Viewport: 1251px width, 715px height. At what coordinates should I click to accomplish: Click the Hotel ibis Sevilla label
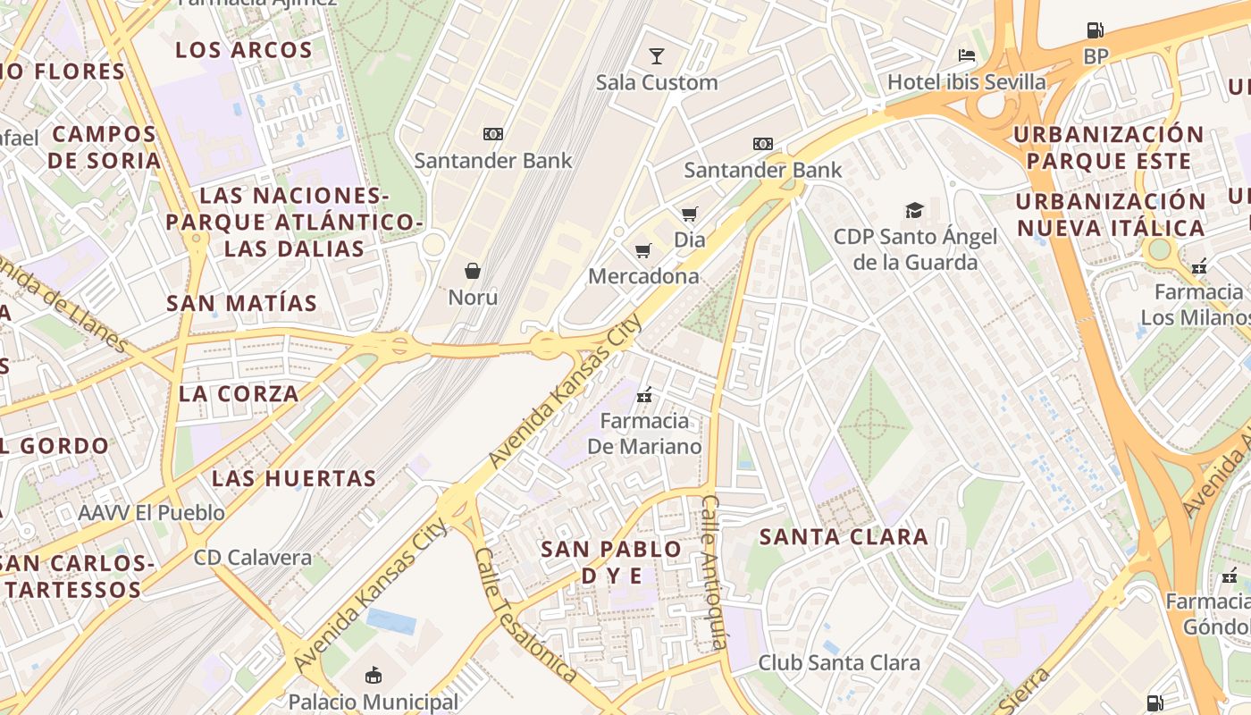pos(966,82)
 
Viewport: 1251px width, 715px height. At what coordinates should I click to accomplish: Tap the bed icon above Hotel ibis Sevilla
pos(966,55)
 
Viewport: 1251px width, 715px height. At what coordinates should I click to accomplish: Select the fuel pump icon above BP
pos(1095,30)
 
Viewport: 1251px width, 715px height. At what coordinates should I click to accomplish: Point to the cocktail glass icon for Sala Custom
pos(657,56)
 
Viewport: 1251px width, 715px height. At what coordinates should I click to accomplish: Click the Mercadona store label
pos(643,276)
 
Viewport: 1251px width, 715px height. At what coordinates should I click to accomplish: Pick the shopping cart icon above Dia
pos(689,214)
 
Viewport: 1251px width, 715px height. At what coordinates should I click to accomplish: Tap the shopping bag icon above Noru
pos(473,270)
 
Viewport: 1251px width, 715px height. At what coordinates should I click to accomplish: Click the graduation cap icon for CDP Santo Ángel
pos(914,210)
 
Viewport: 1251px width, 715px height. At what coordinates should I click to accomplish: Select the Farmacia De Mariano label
pos(644,433)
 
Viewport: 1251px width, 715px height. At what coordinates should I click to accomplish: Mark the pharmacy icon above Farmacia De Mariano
pos(644,394)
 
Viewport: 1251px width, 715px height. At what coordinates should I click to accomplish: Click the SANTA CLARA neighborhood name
pos(844,537)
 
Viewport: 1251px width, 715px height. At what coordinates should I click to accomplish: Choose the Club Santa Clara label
pos(839,662)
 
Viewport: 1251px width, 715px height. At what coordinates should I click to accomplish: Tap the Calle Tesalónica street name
pos(525,615)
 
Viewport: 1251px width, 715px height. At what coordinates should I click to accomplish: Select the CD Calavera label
pos(253,558)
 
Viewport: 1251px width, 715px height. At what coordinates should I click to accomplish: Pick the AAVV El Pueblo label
pos(151,513)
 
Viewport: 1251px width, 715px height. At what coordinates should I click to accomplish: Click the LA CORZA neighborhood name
pos(239,393)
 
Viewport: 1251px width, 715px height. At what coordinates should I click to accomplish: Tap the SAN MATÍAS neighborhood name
pos(241,303)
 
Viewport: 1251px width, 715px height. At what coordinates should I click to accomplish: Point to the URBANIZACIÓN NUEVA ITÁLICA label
pos(1111,214)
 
